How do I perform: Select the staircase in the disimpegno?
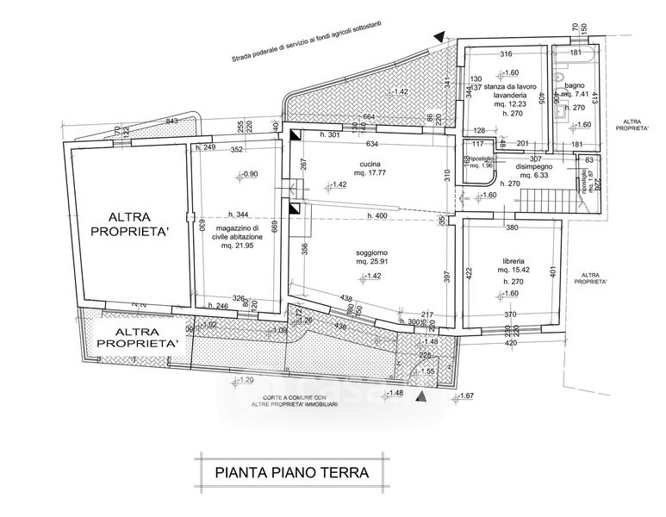tap(545, 202)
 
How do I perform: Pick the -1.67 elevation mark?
tap(466, 396)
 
